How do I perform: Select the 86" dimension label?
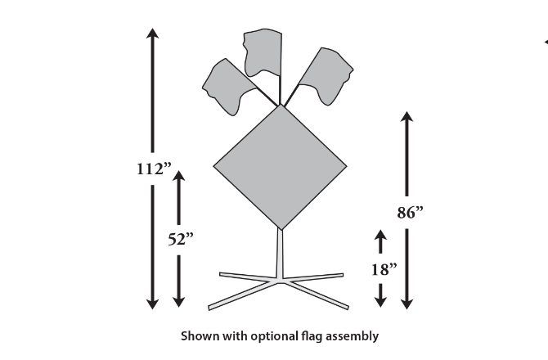point(409,213)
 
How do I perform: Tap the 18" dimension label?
point(382,268)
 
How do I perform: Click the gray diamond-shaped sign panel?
point(281,166)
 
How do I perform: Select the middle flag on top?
point(262,53)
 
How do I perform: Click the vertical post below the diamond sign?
point(281,254)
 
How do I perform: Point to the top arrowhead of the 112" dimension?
point(152,33)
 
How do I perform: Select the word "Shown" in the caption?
point(196,335)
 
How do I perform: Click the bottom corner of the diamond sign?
point(281,228)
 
